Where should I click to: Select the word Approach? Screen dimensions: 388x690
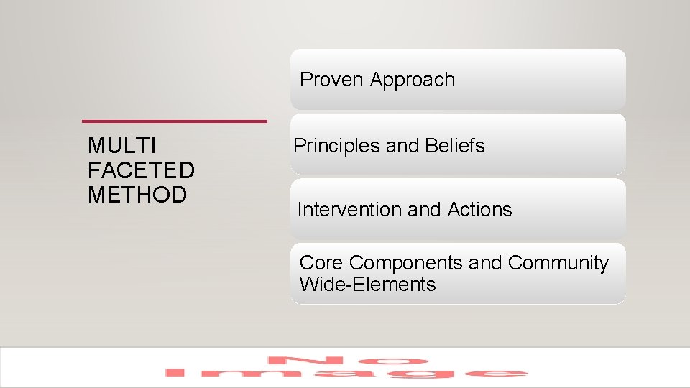point(413,80)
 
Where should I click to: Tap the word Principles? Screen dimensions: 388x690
point(337,146)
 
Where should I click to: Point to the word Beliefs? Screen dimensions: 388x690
point(454,146)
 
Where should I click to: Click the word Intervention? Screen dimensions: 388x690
point(349,210)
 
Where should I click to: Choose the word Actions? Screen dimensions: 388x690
point(479,210)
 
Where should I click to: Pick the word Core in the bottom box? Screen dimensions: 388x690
point(321,263)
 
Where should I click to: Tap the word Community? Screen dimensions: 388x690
point(558,263)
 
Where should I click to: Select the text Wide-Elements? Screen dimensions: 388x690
point(367,285)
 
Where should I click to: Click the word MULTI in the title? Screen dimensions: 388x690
point(121,146)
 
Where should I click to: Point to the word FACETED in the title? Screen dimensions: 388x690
point(141,170)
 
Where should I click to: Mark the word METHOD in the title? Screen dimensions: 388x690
point(137,195)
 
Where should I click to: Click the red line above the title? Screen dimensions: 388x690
point(175,121)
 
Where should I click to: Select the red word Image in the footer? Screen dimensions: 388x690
point(345,373)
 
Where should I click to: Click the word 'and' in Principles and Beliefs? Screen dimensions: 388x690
point(402,146)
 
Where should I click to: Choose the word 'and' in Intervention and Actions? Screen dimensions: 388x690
point(424,210)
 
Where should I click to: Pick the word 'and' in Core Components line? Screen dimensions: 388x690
point(485,263)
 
